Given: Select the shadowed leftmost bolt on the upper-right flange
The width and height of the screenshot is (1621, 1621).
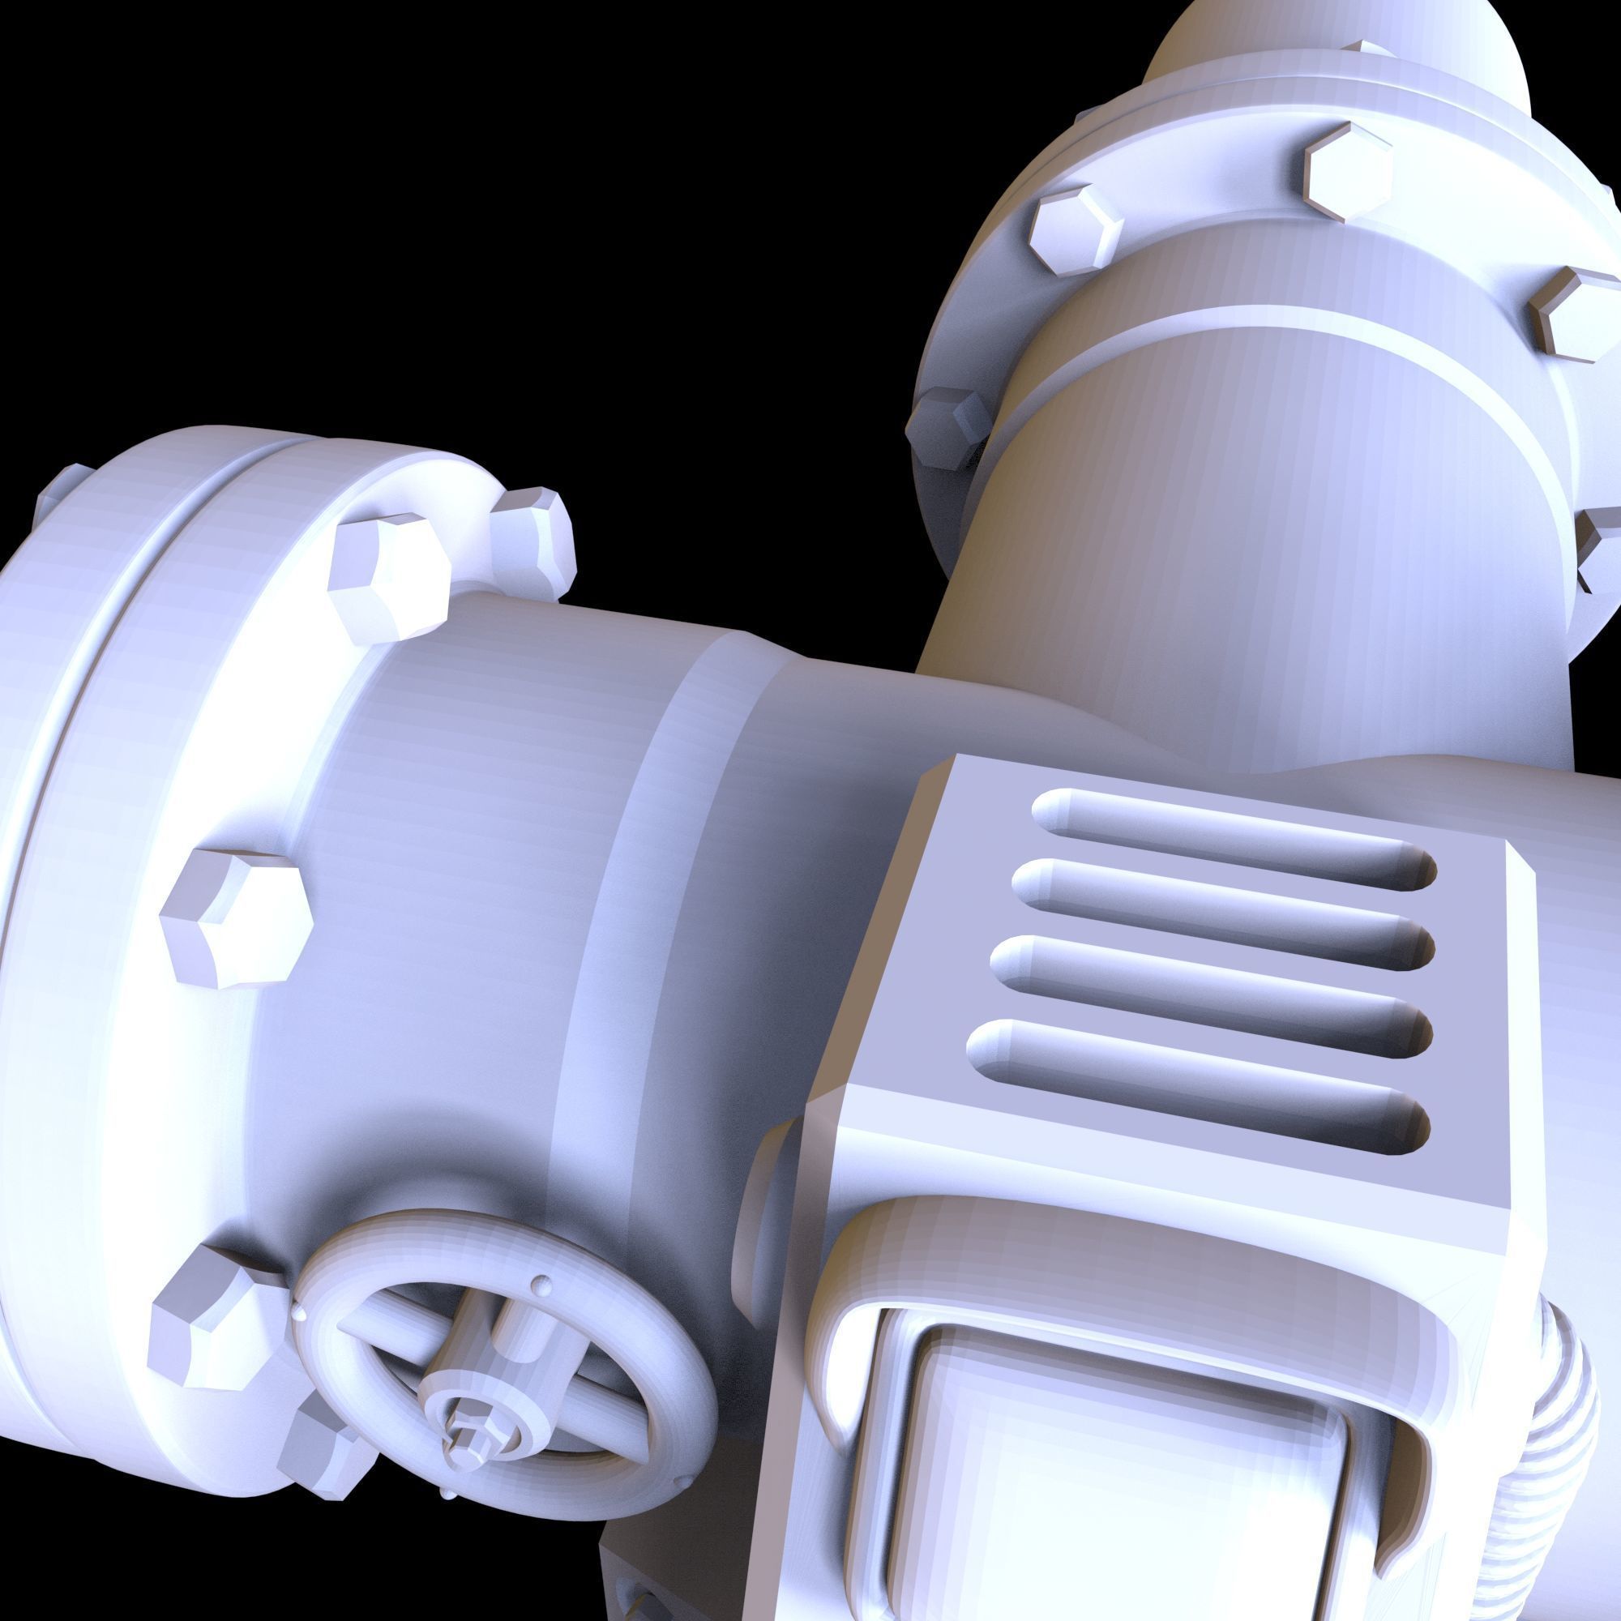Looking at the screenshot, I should point(948,428).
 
